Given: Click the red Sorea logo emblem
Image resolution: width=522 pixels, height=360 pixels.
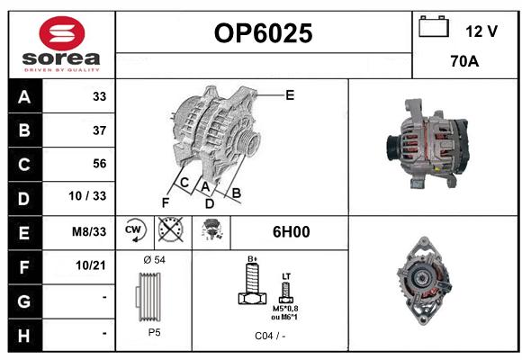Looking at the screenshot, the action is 62,33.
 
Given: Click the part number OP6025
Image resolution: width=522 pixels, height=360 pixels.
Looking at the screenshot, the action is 264,33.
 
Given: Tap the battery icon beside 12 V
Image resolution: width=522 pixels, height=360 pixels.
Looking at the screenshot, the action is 434,26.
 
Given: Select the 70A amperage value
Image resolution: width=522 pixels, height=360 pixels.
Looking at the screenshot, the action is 464,61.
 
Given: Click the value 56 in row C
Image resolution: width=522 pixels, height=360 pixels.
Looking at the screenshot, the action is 100,164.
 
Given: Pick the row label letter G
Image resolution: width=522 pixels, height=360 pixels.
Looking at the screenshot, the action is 24,301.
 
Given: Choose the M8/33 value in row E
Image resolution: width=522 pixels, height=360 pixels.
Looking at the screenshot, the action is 89,231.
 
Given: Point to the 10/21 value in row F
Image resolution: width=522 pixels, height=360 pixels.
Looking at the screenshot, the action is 91,265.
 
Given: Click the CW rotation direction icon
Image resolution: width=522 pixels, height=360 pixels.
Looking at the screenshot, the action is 134,229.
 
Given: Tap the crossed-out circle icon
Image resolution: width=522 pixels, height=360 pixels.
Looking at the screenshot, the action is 170,229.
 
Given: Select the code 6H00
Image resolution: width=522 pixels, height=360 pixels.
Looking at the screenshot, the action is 291,232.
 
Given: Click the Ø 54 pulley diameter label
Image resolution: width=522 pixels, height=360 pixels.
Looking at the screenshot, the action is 154,260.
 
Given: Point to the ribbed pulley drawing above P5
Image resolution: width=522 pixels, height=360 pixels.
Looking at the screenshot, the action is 148,297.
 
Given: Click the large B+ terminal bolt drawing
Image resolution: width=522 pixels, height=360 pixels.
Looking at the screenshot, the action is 253,283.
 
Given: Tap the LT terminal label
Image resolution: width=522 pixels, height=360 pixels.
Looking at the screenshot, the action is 286,276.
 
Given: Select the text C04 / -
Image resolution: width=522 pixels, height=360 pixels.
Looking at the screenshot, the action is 270,336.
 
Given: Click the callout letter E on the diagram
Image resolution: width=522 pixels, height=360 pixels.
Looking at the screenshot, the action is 290,95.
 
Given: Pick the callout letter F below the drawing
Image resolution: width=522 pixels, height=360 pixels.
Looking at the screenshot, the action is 166,202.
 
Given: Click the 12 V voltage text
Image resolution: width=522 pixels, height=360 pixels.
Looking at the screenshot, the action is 481,31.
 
